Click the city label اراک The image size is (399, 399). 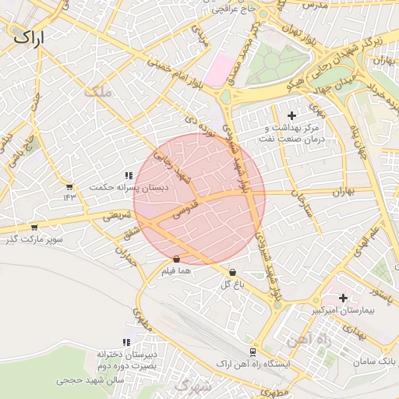(29, 36)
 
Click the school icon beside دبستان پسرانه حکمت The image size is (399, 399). (128, 176)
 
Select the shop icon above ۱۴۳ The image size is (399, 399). (69, 187)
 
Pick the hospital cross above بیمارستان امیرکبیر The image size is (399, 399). (343, 298)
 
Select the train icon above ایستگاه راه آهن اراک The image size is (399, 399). (252, 352)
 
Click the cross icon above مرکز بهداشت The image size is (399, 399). (292, 115)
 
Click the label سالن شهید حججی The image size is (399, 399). (86, 382)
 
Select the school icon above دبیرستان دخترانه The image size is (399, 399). (126, 343)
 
